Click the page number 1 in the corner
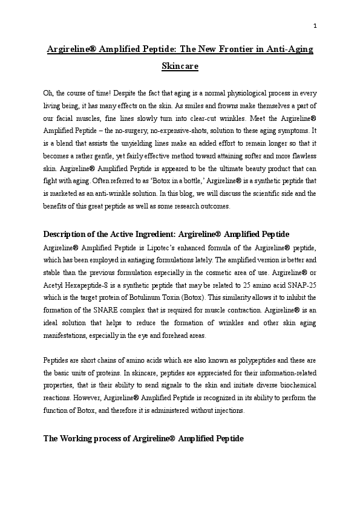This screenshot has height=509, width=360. [315, 25]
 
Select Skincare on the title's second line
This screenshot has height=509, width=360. [180, 66]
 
